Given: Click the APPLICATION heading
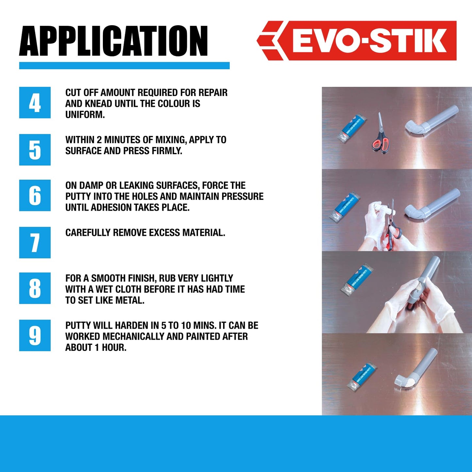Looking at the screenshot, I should [x=113, y=41].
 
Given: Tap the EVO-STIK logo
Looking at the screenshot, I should [x=357, y=41].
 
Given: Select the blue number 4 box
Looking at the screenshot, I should [x=35, y=103].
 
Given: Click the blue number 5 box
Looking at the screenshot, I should [x=35, y=150].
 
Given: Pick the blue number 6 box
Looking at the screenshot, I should [x=35, y=195].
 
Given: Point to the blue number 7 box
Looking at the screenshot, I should [x=35, y=242].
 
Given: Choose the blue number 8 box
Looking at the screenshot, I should [x=35, y=288].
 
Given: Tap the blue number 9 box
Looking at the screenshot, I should [x=35, y=335].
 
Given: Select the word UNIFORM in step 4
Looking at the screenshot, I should [x=85, y=115].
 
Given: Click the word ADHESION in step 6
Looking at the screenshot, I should [x=110, y=207].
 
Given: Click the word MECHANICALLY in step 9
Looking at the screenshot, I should [x=135, y=336].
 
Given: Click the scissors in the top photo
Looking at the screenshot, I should [x=381, y=136].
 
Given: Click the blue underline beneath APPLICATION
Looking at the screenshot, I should [x=124, y=66].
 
